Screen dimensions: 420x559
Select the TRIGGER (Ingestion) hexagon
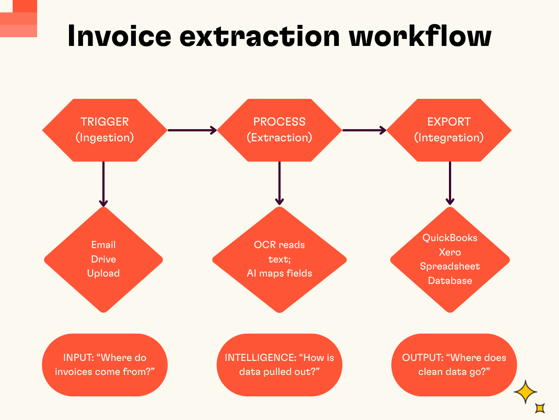(x=105, y=130)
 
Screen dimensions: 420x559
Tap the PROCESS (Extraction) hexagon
(x=279, y=130)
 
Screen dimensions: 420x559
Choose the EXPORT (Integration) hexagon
(x=449, y=130)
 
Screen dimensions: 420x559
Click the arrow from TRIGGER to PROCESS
(x=192, y=130)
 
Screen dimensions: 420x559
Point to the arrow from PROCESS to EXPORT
(x=364, y=130)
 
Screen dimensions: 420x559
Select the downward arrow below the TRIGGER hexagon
(x=104, y=184)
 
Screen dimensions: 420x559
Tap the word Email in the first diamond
(x=104, y=245)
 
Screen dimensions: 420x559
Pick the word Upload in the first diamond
(x=104, y=273)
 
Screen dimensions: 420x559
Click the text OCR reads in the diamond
(x=279, y=245)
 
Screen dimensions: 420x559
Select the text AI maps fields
(x=279, y=273)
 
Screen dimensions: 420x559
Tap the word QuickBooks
(x=450, y=238)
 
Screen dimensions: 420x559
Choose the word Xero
(x=450, y=252)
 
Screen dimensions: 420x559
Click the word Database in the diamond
(x=450, y=281)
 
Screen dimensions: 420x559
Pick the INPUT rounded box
(x=105, y=365)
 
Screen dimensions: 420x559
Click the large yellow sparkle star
(x=525, y=392)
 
